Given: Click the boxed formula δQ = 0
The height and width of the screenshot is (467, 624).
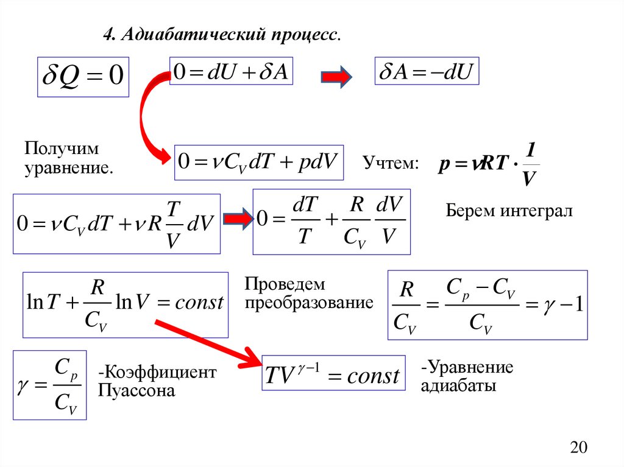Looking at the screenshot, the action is (83, 77).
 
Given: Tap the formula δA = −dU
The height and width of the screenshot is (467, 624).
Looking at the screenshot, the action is (427, 73).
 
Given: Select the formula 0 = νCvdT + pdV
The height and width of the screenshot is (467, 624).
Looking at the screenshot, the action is (258, 163).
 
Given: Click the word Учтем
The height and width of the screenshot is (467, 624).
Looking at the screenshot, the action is (391, 163).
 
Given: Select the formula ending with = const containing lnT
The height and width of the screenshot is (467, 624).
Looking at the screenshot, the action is (125, 304).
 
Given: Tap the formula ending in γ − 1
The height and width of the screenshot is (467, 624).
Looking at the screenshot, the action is (487, 304).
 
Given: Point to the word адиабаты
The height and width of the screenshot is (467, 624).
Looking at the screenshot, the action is (459, 386).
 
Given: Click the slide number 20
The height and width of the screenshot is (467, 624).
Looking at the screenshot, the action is (578, 448).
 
